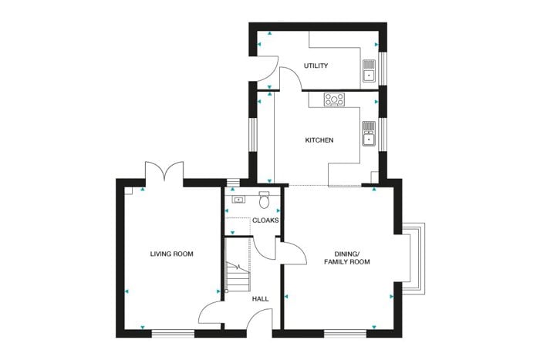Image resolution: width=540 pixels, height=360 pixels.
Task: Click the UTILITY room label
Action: (316, 66)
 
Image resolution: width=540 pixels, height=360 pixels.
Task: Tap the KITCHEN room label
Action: (319, 140)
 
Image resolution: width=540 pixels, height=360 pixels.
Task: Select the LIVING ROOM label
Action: (171, 254)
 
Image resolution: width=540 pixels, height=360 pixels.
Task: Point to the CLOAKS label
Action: (265, 220)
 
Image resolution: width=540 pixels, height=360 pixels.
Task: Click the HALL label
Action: (261, 299)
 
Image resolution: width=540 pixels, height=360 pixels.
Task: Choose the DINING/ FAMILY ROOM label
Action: (347, 257)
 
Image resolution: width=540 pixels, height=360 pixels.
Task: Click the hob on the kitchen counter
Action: (334, 99)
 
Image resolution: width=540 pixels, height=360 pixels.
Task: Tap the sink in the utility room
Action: (369, 71)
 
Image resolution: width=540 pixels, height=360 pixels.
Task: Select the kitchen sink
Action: (369, 133)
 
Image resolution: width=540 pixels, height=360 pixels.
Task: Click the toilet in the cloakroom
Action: (264, 200)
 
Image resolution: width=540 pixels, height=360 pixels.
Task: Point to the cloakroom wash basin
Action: (238, 200)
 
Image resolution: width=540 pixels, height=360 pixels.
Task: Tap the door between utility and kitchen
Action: (291, 79)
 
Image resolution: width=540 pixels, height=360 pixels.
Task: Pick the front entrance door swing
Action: (260, 319)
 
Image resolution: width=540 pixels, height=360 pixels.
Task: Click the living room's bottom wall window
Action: (174, 333)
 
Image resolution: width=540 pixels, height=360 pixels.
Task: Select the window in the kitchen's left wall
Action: (253, 135)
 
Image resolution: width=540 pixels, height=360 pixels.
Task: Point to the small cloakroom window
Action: (234, 183)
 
